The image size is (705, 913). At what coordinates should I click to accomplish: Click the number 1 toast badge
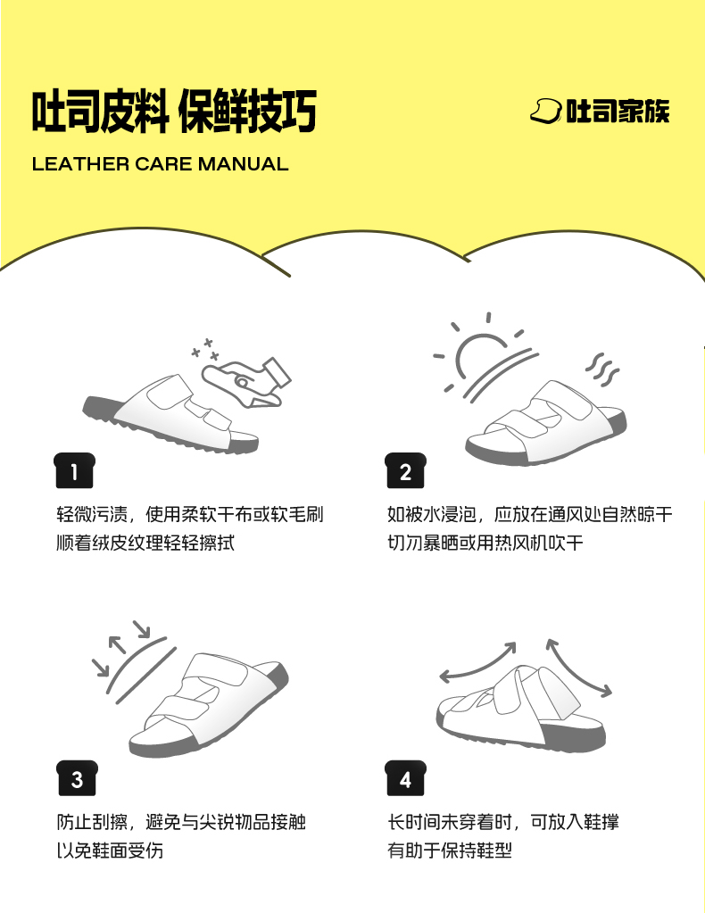[74, 470]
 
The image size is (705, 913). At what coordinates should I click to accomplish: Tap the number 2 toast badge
[406, 470]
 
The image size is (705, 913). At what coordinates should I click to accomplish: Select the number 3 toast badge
[77, 778]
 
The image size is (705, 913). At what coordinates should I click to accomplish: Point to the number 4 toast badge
[406, 778]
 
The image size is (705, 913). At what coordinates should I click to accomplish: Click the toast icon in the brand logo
[546, 111]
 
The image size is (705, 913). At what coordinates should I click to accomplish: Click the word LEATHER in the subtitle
[80, 164]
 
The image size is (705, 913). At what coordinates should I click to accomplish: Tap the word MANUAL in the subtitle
[244, 164]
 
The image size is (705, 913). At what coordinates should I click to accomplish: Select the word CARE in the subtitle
[163, 164]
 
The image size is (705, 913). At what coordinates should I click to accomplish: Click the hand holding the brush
[245, 381]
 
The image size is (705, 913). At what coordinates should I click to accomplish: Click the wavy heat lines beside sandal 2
[602, 369]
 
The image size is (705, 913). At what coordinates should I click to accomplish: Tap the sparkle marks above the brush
[205, 348]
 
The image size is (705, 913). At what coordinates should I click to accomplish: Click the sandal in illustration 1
[170, 415]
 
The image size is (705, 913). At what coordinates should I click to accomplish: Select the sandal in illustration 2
[546, 423]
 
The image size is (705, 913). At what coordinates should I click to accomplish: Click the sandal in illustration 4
[521, 710]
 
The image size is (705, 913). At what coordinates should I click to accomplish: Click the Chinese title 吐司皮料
[101, 111]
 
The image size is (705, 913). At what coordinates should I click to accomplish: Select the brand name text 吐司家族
[618, 111]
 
